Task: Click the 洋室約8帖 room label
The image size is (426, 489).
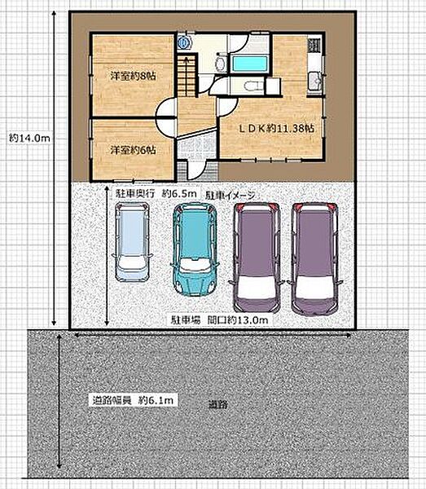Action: coord(133,76)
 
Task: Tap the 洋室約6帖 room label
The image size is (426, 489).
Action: coord(133,150)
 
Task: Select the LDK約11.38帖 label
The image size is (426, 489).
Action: coord(276,129)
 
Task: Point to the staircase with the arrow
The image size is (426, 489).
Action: coord(187,76)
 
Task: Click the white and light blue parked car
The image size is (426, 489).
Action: coord(132,242)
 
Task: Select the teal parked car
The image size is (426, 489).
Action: coord(195,249)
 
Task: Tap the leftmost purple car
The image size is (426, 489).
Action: coord(257,258)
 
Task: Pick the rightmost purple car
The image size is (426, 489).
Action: coord(314,259)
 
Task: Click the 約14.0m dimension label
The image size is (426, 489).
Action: coord(29,139)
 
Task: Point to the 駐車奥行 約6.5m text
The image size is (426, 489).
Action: coord(156,194)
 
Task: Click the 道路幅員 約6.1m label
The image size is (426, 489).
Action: coord(133,400)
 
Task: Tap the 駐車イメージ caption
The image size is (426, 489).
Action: coord(231,196)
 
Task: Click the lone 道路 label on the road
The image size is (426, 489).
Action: coord(218,405)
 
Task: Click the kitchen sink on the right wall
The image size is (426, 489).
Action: coord(315,81)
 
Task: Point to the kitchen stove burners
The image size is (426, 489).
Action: coord(314,45)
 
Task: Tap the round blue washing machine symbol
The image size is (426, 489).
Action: coord(183,42)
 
